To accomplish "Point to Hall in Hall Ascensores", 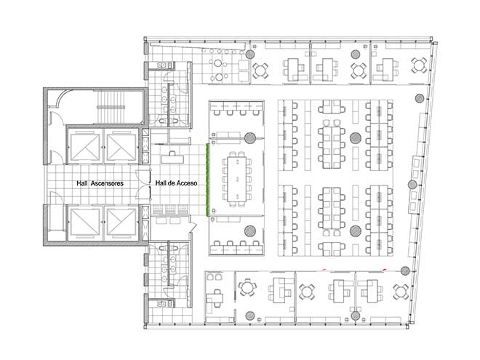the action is [82, 183].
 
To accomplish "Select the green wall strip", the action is [207, 180].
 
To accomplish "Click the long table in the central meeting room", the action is [236, 179].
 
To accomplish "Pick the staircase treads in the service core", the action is [111, 107].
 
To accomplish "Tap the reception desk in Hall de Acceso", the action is [172, 159].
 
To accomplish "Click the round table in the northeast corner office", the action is [419, 65].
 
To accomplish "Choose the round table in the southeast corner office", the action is [401, 292].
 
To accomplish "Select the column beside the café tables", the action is [249, 55].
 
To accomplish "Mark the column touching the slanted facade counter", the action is [412, 185].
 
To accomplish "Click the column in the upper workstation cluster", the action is [356, 137].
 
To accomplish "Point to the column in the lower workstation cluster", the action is [356, 231].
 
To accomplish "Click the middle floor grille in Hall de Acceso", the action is [170, 209].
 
